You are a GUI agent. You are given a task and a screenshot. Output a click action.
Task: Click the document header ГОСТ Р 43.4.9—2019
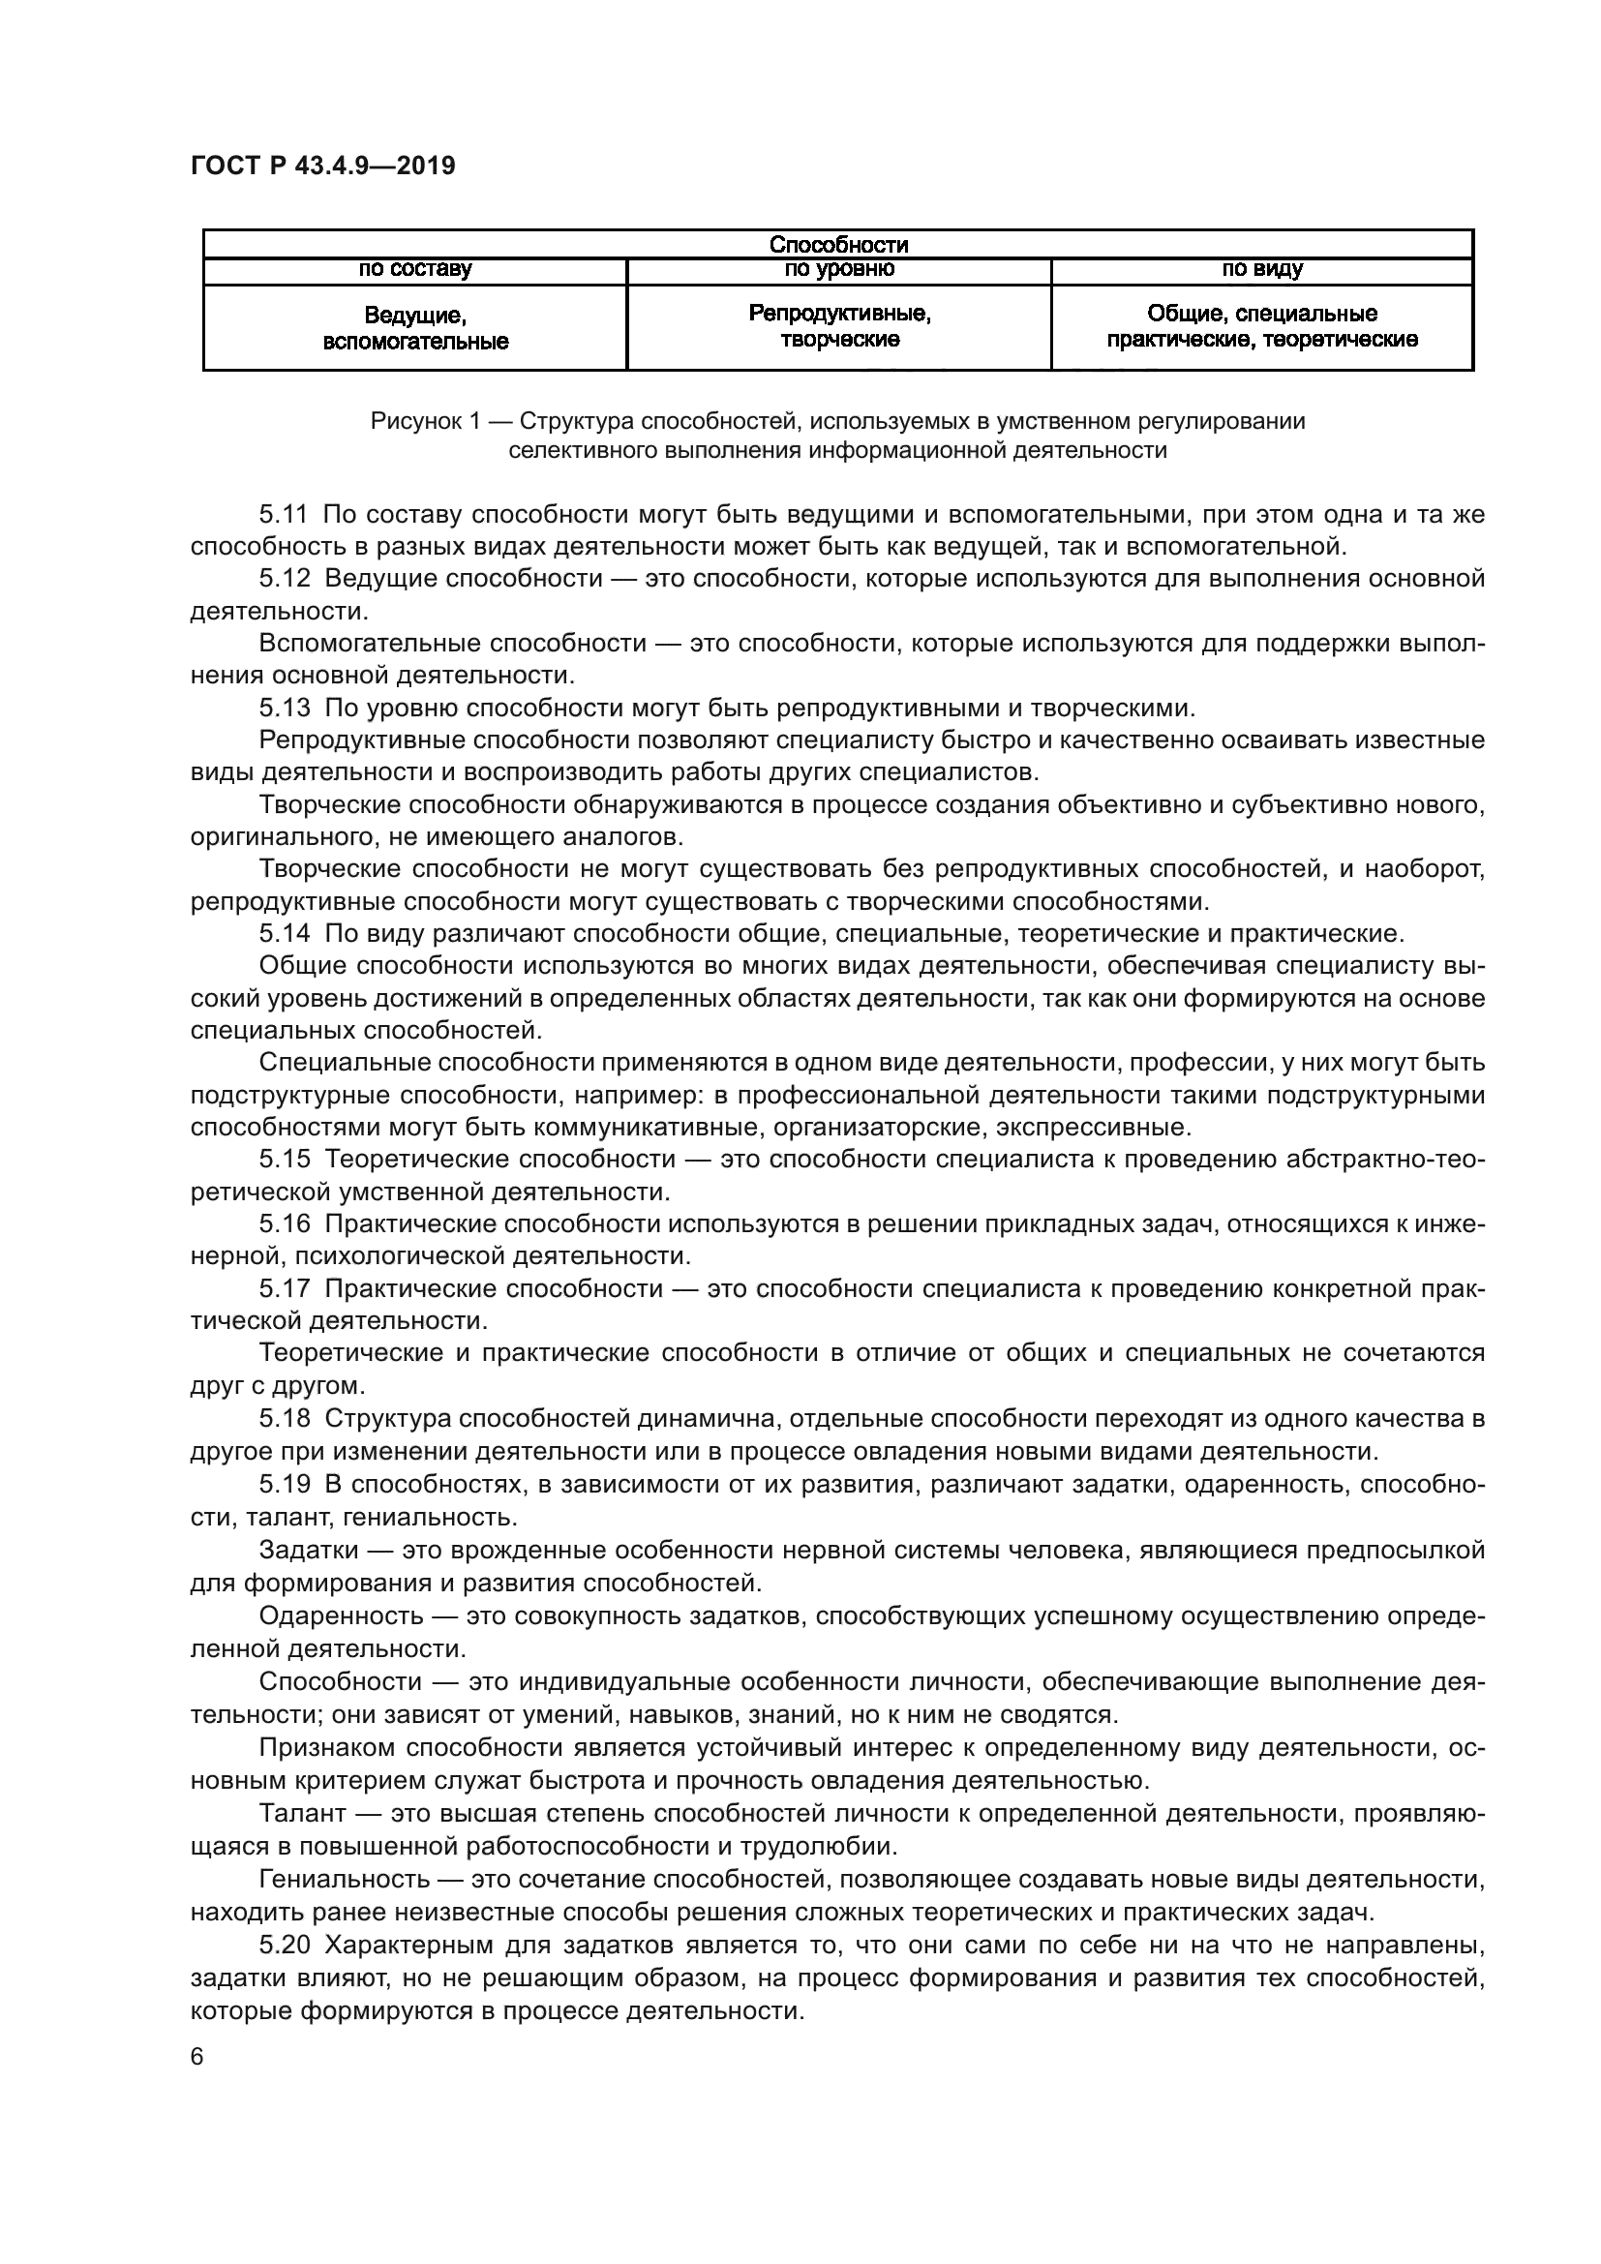(x=322, y=166)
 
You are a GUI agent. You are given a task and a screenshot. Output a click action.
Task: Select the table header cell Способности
(x=838, y=244)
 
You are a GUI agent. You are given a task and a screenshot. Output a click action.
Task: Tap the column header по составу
(x=415, y=269)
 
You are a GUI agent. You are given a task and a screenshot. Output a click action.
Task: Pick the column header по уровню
(x=839, y=269)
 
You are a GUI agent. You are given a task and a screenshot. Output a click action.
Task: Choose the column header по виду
(x=1262, y=269)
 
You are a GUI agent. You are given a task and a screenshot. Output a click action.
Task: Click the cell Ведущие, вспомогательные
(x=415, y=328)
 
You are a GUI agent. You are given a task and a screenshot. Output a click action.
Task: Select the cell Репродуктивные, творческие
(x=839, y=326)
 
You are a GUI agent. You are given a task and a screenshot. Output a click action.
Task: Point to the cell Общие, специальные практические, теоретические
(x=1262, y=326)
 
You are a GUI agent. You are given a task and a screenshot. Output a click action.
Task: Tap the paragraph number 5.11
(x=284, y=514)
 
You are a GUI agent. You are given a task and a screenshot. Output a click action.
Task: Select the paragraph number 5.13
(x=284, y=708)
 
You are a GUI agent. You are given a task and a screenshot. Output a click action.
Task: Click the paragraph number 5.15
(x=284, y=1160)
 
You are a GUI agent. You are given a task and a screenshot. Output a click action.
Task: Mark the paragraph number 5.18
(x=284, y=1419)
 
